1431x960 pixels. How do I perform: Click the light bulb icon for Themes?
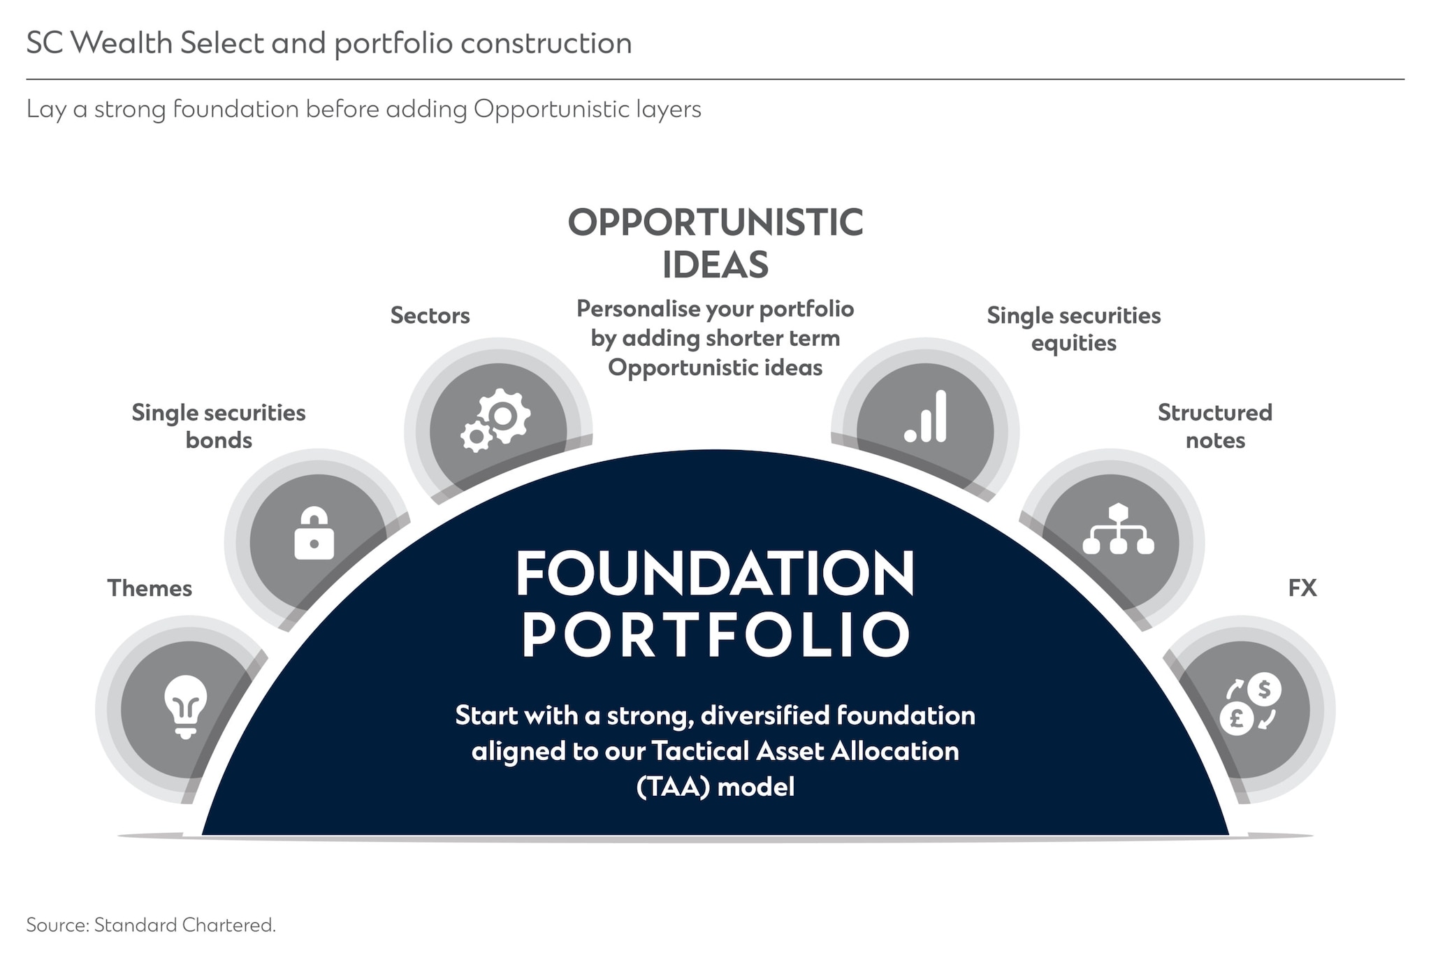[x=185, y=706]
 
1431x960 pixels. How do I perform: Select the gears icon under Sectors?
[x=495, y=420]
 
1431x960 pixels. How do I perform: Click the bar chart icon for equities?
[x=926, y=417]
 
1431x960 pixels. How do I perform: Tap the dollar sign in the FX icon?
[x=1264, y=689]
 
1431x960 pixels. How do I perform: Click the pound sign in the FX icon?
[x=1237, y=718]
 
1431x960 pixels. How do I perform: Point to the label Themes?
[x=150, y=588]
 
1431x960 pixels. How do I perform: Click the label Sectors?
[x=430, y=315]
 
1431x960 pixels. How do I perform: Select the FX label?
[x=1302, y=588]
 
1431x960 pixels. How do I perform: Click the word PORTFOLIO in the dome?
[x=715, y=634]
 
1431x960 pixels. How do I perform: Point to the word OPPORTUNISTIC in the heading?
[x=715, y=223]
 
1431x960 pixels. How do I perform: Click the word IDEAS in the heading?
[x=715, y=265]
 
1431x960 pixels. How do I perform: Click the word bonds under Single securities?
[x=219, y=441]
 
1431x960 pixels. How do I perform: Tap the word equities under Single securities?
[x=1073, y=344]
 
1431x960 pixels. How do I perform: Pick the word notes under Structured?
[x=1214, y=441]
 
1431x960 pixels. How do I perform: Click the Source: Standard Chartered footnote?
[x=151, y=925]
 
